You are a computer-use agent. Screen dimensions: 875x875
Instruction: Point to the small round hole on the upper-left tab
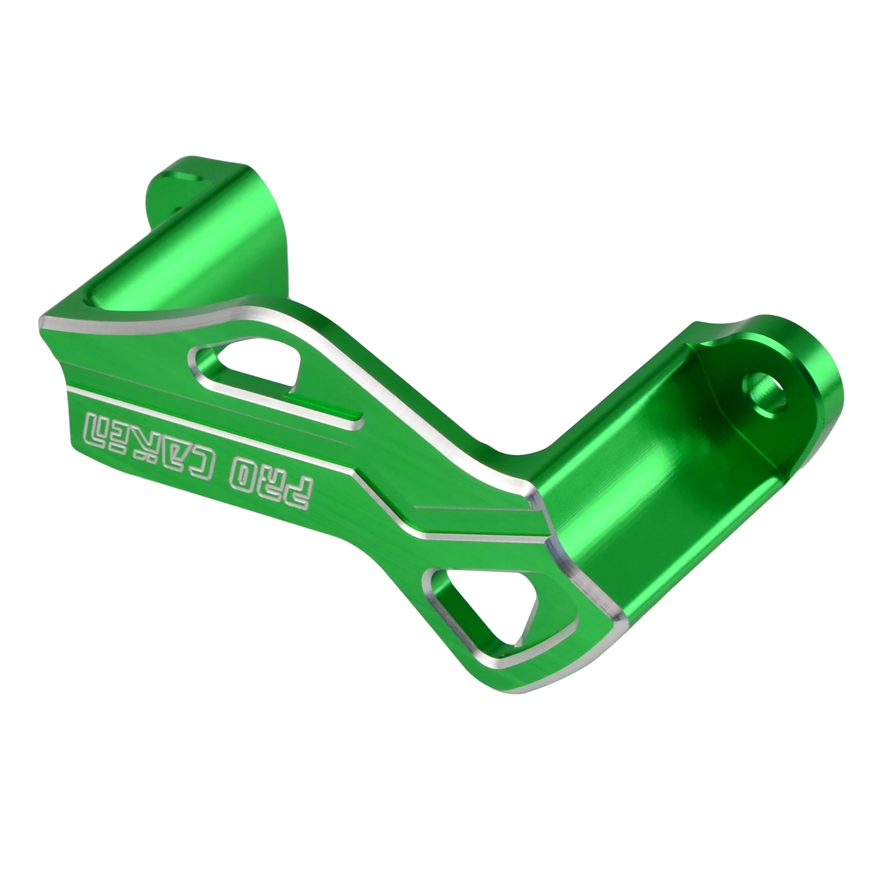pyautogui.click(x=178, y=209)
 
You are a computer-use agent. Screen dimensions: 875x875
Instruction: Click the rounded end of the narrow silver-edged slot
pyautogui.click(x=359, y=418)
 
